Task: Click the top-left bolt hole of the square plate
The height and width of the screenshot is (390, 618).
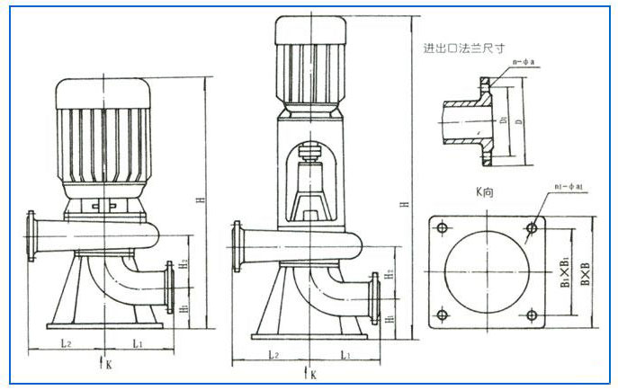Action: (442, 228)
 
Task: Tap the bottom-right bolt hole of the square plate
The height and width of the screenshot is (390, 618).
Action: (532, 315)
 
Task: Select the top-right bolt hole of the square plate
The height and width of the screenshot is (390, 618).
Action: (532, 228)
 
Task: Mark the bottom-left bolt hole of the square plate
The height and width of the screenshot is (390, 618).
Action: (442, 315)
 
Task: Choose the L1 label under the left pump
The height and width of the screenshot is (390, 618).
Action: (138, 342)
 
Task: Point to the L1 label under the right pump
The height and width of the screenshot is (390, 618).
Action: (345, 355)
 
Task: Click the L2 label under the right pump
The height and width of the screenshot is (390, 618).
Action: (271, 355)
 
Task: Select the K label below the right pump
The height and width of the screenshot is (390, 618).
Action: (311, 374)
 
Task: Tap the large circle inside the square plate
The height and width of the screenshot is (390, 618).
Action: (487, 270)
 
